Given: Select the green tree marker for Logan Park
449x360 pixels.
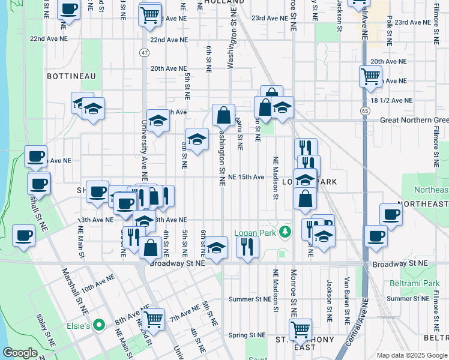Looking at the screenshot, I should (287, 231).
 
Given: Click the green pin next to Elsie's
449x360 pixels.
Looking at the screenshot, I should (100, 326).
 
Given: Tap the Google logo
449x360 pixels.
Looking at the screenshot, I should (20, 353).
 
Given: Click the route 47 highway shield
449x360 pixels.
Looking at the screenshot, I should (143, 53).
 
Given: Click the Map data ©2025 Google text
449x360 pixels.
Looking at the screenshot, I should (412, 355).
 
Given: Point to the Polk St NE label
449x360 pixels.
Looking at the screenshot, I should (390, 31).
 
